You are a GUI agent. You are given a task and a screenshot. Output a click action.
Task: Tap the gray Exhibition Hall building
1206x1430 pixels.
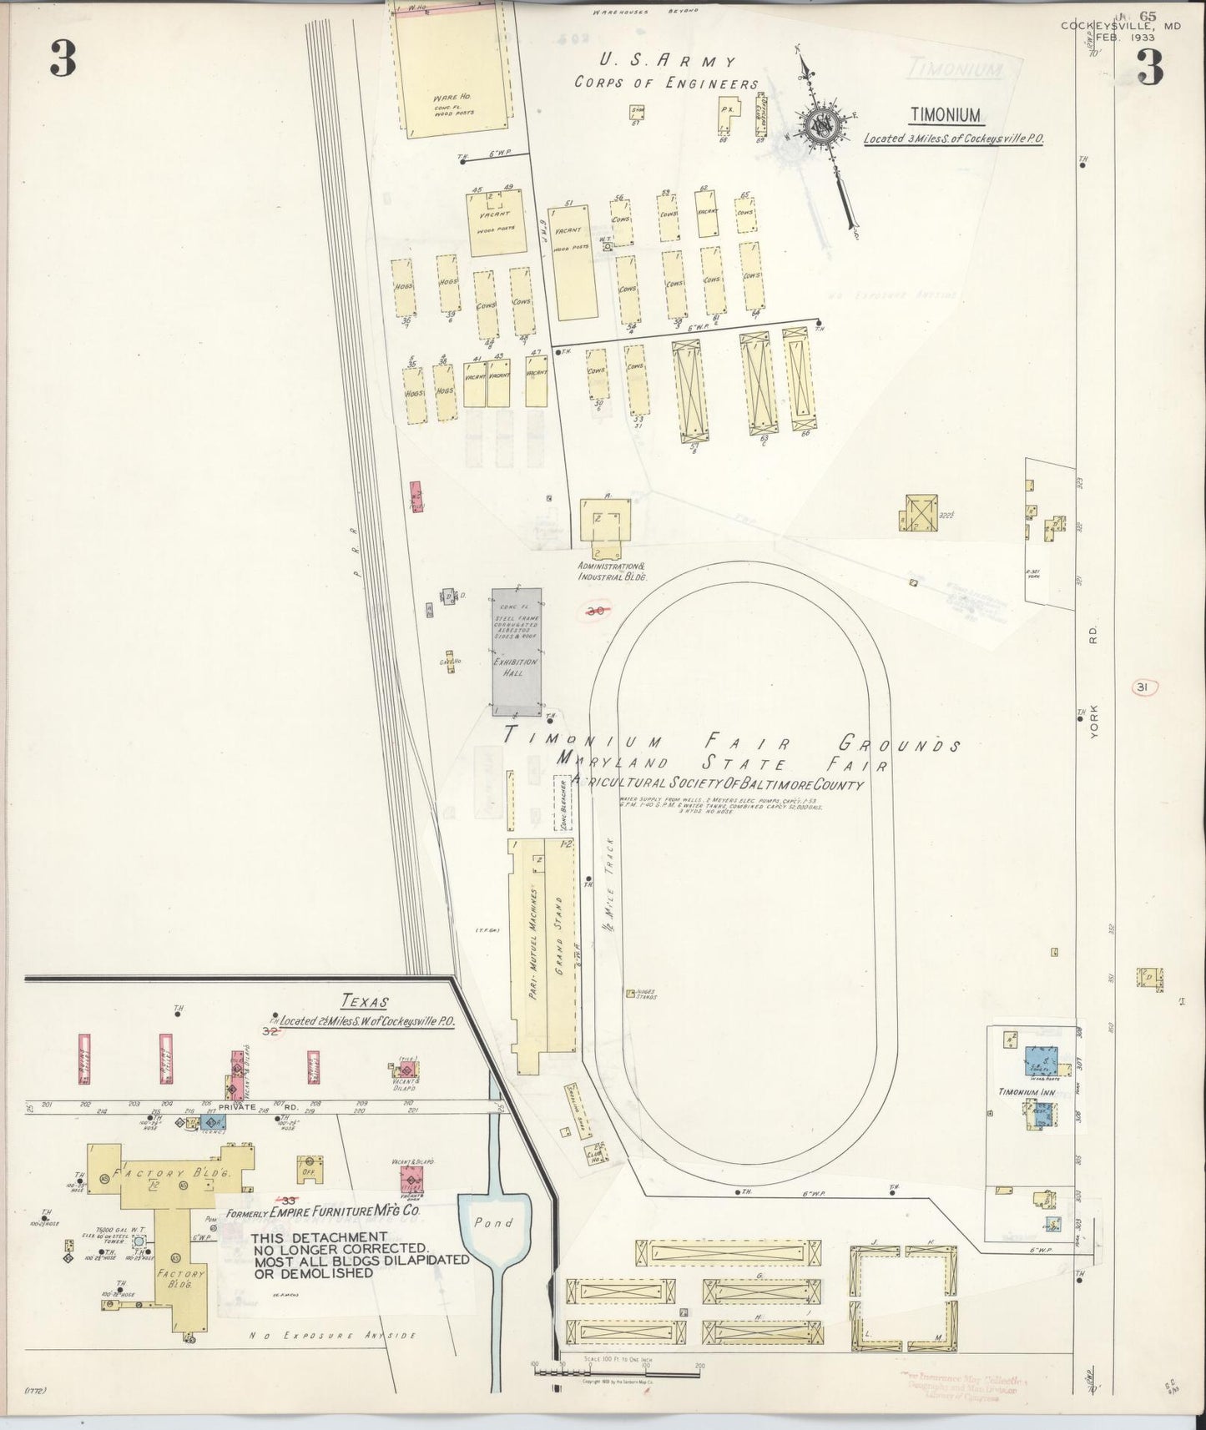tap(516, 651)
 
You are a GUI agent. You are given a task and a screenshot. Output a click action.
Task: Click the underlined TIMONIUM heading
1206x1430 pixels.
tap(946, 116)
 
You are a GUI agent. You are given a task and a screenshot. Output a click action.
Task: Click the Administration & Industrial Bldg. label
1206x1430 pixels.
tap(613, 571)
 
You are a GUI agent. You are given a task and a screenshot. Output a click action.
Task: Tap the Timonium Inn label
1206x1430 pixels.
tap(1022, 1091)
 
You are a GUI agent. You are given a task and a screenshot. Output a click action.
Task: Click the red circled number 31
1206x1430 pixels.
tap(1143, 687)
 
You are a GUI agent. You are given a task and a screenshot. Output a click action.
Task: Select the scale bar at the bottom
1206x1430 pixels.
tap(616, 1368)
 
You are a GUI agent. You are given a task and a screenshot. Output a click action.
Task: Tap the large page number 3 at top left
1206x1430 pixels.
tap(63, 59)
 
